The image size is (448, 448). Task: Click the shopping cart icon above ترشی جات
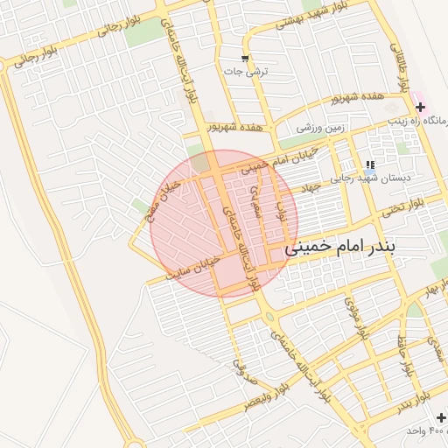click(x=246, y=59)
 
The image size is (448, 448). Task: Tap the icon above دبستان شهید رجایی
click(x=370, y=164)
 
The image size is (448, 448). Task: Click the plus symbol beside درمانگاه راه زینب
click(x=420, y=106)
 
